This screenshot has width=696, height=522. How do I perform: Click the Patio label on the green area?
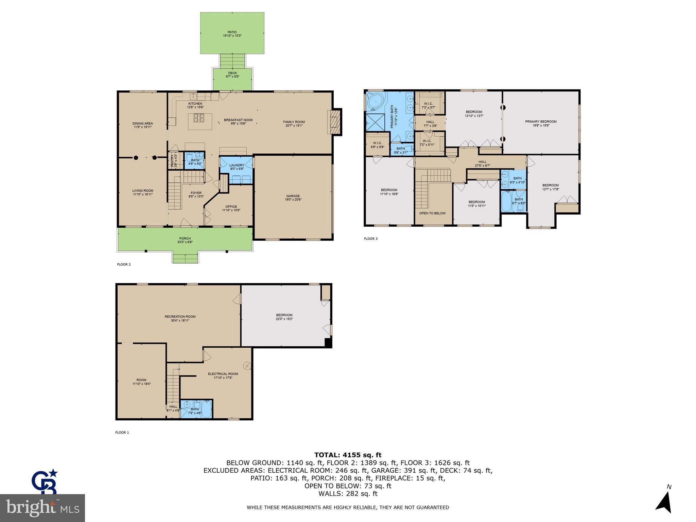click(x=232, y=32)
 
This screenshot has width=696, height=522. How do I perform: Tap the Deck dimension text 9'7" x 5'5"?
click(x=232, y=77)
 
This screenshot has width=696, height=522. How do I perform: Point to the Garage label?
click(x=293, y=196)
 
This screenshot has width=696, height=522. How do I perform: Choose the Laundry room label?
click(x=237, y=165)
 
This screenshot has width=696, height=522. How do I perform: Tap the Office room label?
click(x=231, y=207)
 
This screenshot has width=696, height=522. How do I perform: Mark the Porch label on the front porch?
click(x=185, y=239)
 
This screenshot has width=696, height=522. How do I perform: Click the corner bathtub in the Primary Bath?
click(x=376, y=103)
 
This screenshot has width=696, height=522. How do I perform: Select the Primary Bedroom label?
click(x=541, y=122)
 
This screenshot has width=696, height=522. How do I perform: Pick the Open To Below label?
click(x=432, y=213)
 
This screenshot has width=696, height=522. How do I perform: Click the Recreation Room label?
click(x=180, y=317)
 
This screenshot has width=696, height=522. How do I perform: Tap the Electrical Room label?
click(x=223, y=374)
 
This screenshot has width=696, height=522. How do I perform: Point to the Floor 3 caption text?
click(x=370, y=239)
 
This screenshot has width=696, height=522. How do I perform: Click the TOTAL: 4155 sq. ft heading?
click(x=348, y=455)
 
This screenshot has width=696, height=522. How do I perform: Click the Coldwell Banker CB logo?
click(x=45, y=482)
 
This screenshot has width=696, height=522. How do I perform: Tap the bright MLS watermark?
click(x=42, y=508)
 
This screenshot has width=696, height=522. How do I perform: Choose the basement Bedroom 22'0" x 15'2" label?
click(x=284, y=315)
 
